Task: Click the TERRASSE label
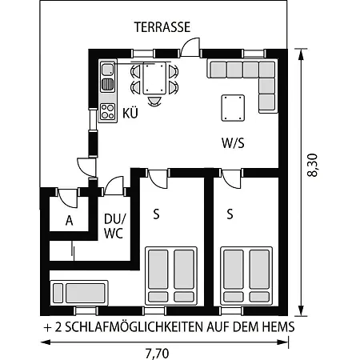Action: (x=162, y=27)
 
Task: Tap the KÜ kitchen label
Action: (x=130, y=113)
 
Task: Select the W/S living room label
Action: (x=233, y=143)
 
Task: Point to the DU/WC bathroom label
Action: (x=114, y=226)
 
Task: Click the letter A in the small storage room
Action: (x=69, y=221)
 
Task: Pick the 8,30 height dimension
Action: (x=313, y=165)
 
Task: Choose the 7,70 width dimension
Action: (x=157, y=354)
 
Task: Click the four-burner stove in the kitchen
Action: (x=108, y=111)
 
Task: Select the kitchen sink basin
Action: (x=108, y=70)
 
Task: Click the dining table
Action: (x=154, y=78)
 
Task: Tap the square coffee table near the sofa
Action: (x=233, y=108)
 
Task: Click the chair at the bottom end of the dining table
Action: (x=154, y=101)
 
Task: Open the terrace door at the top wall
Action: (x=190, y=47)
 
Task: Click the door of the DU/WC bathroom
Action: (x=114, y=186)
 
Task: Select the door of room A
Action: (x=68, y=198)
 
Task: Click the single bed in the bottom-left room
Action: (x=79, y=293)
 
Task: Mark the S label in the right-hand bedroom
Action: (x=230, y=214)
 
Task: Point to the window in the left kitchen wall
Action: (x=93, y=119)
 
